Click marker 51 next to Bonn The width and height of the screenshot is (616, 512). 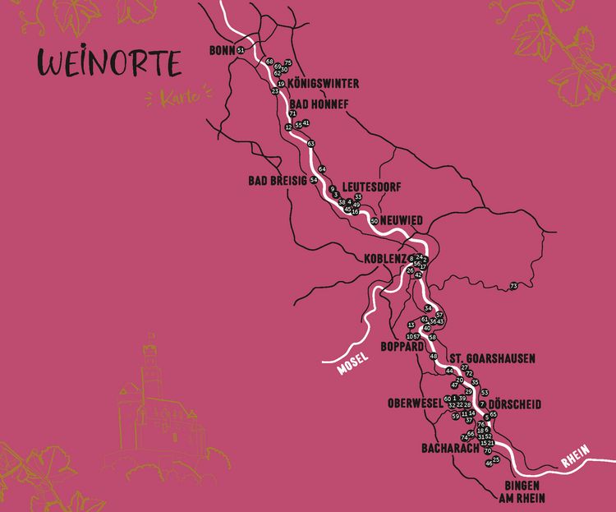tap(241, 51)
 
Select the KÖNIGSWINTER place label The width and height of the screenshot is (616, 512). tap(323, 84)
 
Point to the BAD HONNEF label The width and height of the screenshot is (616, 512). tap(319, 104)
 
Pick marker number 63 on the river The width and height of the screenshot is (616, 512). tap(310, 144)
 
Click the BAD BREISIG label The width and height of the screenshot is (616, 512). tap(277, 180)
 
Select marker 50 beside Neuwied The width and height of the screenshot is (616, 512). tap(374, 221)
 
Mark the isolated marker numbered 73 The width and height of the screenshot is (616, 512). tap(514, 286)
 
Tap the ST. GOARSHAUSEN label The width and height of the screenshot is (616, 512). tap(492, 358)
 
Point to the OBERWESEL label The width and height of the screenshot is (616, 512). tap(415, 404)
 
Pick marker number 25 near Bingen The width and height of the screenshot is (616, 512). tap(496, 460)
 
